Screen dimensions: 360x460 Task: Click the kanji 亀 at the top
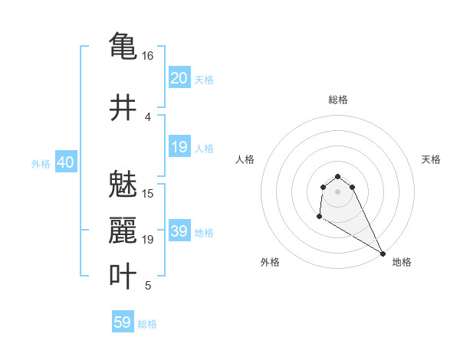pyautogui.click(x=123, y=45)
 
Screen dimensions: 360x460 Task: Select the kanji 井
pyautogui.click(x=123, y=108)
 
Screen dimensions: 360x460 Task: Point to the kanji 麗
pyautogui.click(x=123, y=230)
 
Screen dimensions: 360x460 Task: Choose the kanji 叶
pyautogui.click(x=123, y=276)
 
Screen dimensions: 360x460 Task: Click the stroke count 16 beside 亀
pyautogui.click(x=147, y=56)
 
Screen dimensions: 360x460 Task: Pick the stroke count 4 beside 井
pyautogui.click(x=147, y=117)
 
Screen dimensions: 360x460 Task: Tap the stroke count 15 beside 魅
pyautogui.click(x=148, y=193)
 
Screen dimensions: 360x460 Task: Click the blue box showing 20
pyautogui.click(x=179, y=78)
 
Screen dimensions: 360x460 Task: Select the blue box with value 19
pyautogui.click(x=179, y=147)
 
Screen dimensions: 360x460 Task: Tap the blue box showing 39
pyautogui.click(x=179, y=231)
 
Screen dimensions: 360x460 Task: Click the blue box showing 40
pyautogui.click(x=65, y=162)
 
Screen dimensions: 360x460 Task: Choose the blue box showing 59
pyautogui.click(x=123, y=322)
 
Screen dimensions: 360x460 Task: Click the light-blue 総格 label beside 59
pyautogui.click(x=147, y=324)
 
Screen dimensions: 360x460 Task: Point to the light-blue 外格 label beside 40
pyautogui.click(x=41, y=164)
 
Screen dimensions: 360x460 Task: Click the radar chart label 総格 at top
pyautogui.click(x=338, y=100)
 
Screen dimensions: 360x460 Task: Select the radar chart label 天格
pyautogui.click(x=432, y=159)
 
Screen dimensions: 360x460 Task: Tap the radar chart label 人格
pyautogui.click(x=245, y=159)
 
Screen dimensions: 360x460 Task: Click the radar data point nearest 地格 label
pyautogui.click(x=383, y=254)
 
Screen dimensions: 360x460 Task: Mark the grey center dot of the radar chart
pyautogui.click(x=338, y=191)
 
